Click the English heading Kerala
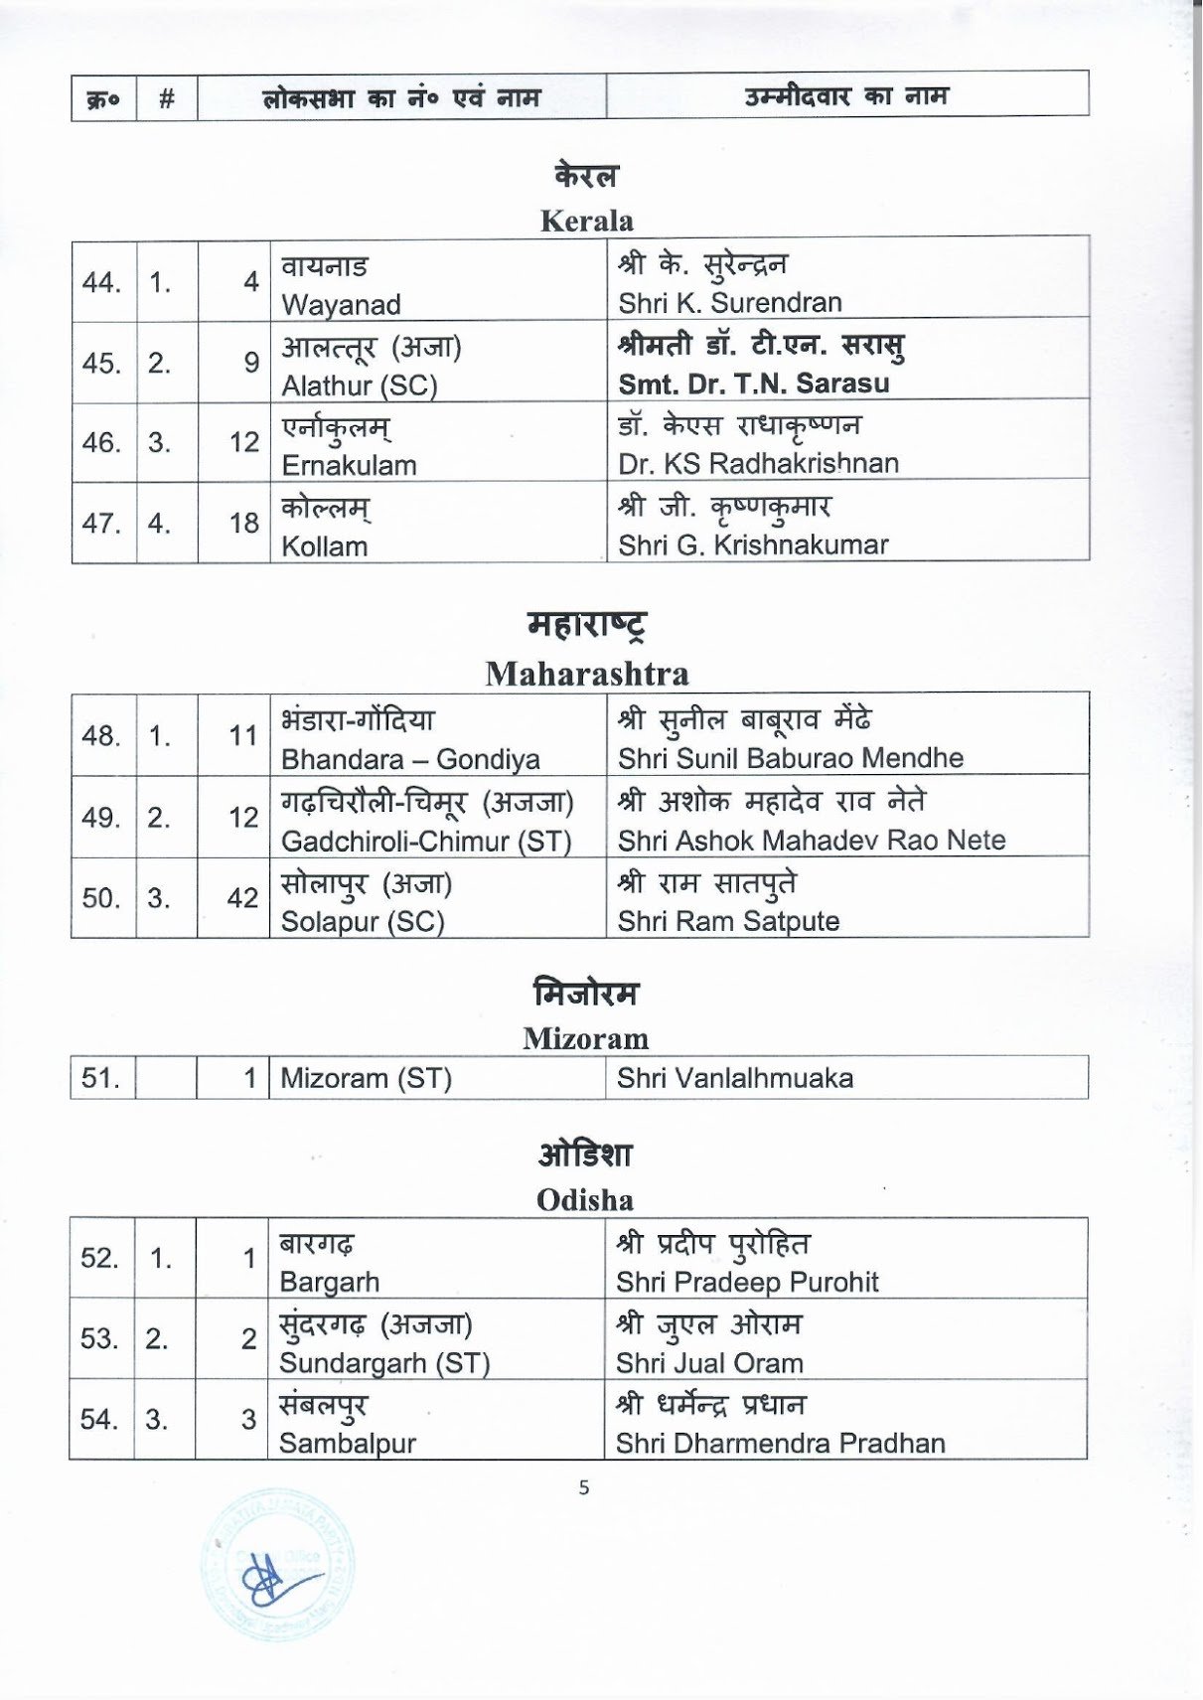(586, 221)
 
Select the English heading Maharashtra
(586, 674)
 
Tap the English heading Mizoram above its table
(585, 1038)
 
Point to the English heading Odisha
(584, 1200)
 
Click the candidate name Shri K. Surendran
(729, 302)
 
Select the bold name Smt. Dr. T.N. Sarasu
(753, 384)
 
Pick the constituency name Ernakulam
(349, 465)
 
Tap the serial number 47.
(100, 523)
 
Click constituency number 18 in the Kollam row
(243, 523)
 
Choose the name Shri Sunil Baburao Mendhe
(790, 758)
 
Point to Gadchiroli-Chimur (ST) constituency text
(426, 841)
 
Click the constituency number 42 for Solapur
(242, 897)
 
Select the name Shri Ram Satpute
(728, 921)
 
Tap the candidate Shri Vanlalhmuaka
(734, 1078)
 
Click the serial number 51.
(99, 1078)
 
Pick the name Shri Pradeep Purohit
(747, 1282)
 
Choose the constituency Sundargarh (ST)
(384, 1363)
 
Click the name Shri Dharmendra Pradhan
(780, 1443)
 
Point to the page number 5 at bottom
(584, 1487)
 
